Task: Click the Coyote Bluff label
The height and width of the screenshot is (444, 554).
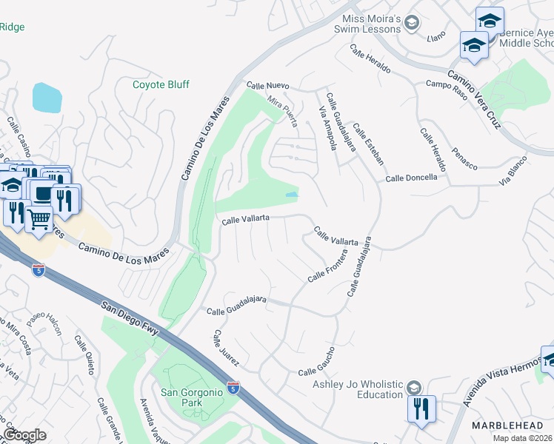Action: [161, 85]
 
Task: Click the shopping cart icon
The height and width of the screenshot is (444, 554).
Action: [39, 218]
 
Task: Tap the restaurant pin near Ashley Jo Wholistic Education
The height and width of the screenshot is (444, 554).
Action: [421, 409]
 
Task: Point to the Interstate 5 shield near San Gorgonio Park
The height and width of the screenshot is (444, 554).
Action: [233, 386]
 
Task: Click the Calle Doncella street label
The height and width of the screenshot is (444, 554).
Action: [411, 178]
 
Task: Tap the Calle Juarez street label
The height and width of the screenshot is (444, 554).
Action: [225, 348]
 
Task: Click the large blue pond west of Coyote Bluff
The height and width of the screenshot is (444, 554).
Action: [47, 98]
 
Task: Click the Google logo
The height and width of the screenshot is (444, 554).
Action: [24, 435]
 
